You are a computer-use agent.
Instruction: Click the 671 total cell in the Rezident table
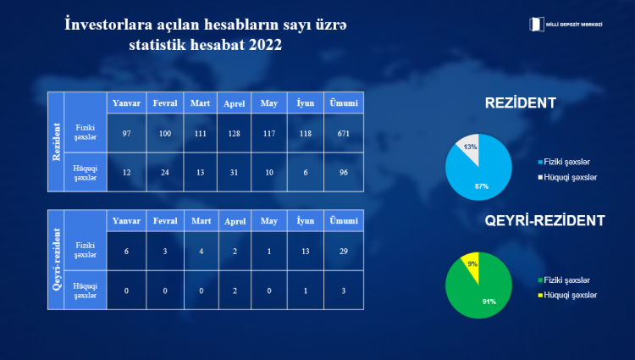pyautogui.click(x=344, y=133)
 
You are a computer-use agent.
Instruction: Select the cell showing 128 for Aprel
pyautogui.click(x=234, y=133)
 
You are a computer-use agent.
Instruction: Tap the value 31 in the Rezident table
pyautogui.click(x=234, y=173)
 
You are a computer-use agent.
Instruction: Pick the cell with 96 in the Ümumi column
pyautogui.click(x=344, y=173)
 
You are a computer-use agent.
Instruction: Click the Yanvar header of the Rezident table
pyautogui.click(x=126, y=102)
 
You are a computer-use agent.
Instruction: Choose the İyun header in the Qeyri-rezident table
pyautogui.click(x=306, y=221)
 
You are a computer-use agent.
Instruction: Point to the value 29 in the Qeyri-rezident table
pyautogui.click(x=344, y=251)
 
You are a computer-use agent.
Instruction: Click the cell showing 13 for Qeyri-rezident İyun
pyautogui.click(x=306, y=251)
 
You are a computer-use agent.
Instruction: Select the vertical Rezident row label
pyautogui.click(x=56, y=141)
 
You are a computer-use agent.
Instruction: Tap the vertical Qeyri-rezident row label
pyautogui.click(x=56, y=259)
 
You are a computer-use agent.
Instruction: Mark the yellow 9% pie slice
pyautogui.click(x=472, y=264)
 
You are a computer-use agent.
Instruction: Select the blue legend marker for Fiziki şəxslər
pyautogui.click(x=540, y=162)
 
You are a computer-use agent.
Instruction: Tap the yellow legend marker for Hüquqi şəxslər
pyautogui.click(x=540, y=296)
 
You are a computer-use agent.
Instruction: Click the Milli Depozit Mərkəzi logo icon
pyautogui.click(x=536, y=25)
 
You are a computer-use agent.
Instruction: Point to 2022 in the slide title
pyautogui.click(x=265, y=45)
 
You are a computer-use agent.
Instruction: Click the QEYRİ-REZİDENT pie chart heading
pyautogui.click(x=544, y=221)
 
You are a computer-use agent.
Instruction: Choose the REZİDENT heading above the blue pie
pyautogui.click(x=521, y=102)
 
